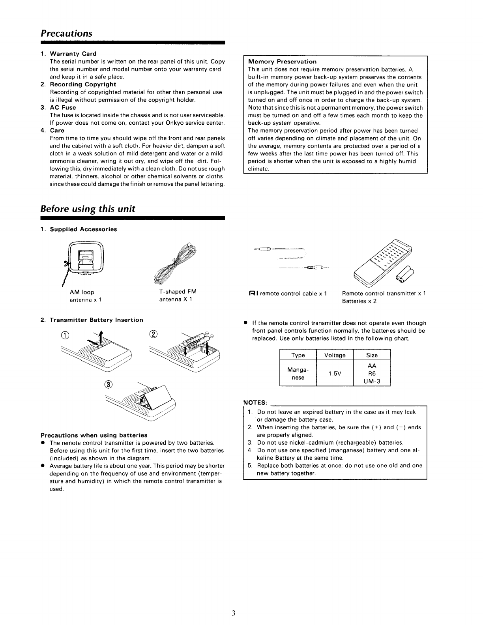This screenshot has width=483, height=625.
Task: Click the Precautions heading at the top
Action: point(66,34)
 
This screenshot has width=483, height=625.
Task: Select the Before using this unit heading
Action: point(88,209)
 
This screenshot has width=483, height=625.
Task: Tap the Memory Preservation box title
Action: point(282,62)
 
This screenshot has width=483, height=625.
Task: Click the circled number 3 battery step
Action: point(109,385)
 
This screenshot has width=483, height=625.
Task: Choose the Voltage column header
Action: point(335,355)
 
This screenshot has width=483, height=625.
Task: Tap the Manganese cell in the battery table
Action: point(298,374)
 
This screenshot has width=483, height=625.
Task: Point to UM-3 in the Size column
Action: point(372,381)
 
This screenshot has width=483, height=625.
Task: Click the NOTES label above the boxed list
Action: point(256,402)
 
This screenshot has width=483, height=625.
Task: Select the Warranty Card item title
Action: point(73,54)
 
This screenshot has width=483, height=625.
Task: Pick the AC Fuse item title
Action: point(63,107)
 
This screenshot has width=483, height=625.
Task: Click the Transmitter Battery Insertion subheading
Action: point(96,320)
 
